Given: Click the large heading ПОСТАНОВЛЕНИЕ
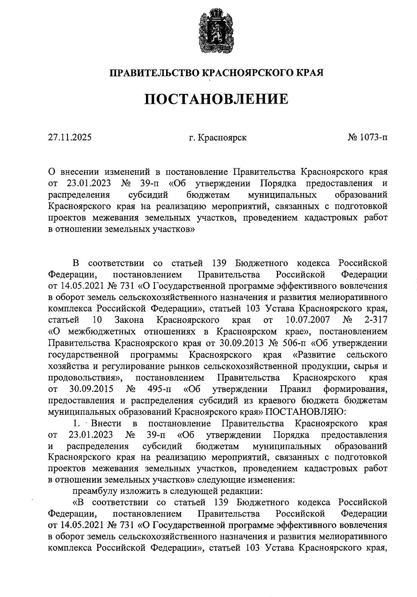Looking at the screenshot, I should (x=216, y=99).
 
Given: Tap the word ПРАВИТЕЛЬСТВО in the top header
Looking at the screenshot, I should (x=154, y=73).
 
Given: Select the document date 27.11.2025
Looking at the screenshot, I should (x=70, y=137).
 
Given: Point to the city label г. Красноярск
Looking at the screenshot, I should (x=218, y=137).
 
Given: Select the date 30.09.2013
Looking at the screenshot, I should (x=243, y=343).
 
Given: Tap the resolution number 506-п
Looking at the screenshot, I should (x=293, y=343).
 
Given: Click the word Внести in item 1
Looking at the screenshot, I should (x=106, y=423).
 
